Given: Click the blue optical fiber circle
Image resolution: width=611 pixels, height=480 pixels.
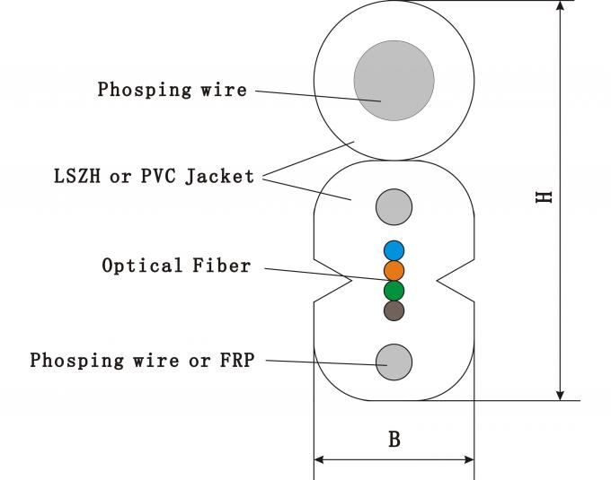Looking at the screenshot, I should pos(394,250).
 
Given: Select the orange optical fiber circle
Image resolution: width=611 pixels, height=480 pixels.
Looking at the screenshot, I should pos(394,270).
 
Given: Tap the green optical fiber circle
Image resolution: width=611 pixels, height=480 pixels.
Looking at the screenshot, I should pos(394,291).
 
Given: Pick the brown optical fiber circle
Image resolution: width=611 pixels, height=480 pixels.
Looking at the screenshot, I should pos(394,311).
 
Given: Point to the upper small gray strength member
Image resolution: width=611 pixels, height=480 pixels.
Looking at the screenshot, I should pos(394,207).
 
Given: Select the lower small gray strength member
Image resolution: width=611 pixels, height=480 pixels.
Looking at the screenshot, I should pos(394,362).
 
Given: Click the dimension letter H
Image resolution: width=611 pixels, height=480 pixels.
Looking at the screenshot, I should pos(544,196).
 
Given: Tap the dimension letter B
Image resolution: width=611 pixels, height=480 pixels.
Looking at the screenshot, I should pos(394,440).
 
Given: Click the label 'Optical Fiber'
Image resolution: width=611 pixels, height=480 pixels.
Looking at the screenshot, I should pos(176,266).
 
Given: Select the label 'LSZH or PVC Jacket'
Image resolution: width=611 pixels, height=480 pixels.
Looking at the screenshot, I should pos(154,176).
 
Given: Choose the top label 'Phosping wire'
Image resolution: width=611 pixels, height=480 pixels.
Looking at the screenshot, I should pos(171,90).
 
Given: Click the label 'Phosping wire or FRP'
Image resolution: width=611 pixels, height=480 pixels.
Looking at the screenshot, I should pos(142,361).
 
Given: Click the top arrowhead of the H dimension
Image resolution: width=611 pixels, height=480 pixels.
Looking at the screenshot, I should pos(561,7).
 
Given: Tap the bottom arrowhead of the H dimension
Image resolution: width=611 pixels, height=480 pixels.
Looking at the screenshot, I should pos(561,393).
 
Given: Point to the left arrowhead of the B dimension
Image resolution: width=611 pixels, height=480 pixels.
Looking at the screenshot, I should pos(319,460).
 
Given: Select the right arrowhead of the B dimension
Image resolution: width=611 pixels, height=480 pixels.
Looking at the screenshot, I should pos(468,460).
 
